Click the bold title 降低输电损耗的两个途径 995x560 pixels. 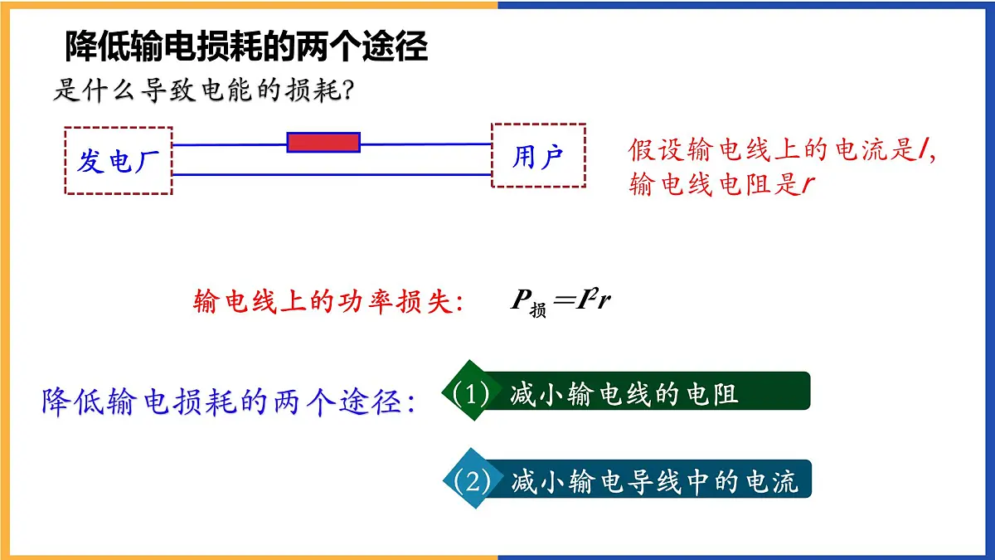click(246, 46)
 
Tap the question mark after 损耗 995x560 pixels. click(347, 90)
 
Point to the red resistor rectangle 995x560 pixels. click(323, 143)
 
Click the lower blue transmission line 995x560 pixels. click(332, 175)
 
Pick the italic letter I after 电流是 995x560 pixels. click(923, 149)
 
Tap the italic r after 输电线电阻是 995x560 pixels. click(808, 185)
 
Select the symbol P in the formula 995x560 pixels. click(521, 299)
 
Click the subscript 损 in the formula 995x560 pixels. click(538, 309)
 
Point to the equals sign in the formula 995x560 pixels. click(563, 300)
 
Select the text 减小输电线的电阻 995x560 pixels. click(624, 394)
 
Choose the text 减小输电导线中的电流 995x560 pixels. click(655, 482)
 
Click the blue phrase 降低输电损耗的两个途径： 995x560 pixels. click(229, 402)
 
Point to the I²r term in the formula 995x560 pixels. click(593, 299)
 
